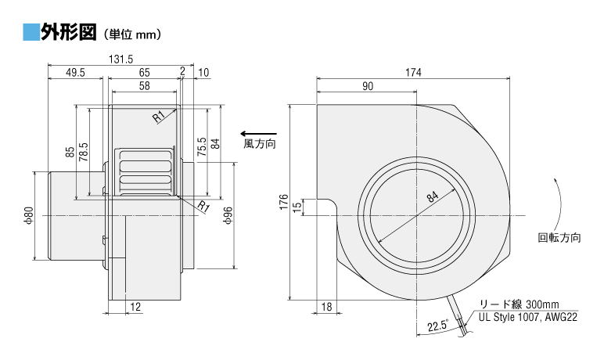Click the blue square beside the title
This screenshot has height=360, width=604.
pos(31,31)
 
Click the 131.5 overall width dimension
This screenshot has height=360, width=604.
pos(120,59)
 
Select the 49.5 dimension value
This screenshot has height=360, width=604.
pos(75,73)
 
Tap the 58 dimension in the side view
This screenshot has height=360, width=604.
pos(145,85)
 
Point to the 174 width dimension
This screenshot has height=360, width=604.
pos(413,73)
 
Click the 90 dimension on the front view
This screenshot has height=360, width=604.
pos(368,86)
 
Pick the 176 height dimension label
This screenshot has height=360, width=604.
pos(284,202)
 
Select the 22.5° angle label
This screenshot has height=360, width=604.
pos(438,326)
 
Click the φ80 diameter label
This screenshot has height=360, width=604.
pos(30,215)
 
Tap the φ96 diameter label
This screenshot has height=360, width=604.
pos(228,215)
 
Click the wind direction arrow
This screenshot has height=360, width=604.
pos(258,134)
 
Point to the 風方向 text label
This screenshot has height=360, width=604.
pos(260,144)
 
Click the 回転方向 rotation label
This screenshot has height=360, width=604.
pos(559,237)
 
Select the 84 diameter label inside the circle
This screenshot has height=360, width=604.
pos(433,196)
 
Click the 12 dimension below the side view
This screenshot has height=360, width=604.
pos(135,307)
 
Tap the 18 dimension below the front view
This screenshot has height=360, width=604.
pos(326,307)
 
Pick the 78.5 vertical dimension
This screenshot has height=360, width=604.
pos(84,152)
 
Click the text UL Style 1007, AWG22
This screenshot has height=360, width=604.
pos(528,318)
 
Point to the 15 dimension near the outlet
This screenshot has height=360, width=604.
pos(297,207)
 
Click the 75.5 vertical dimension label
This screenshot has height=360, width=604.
pos(202,147)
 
